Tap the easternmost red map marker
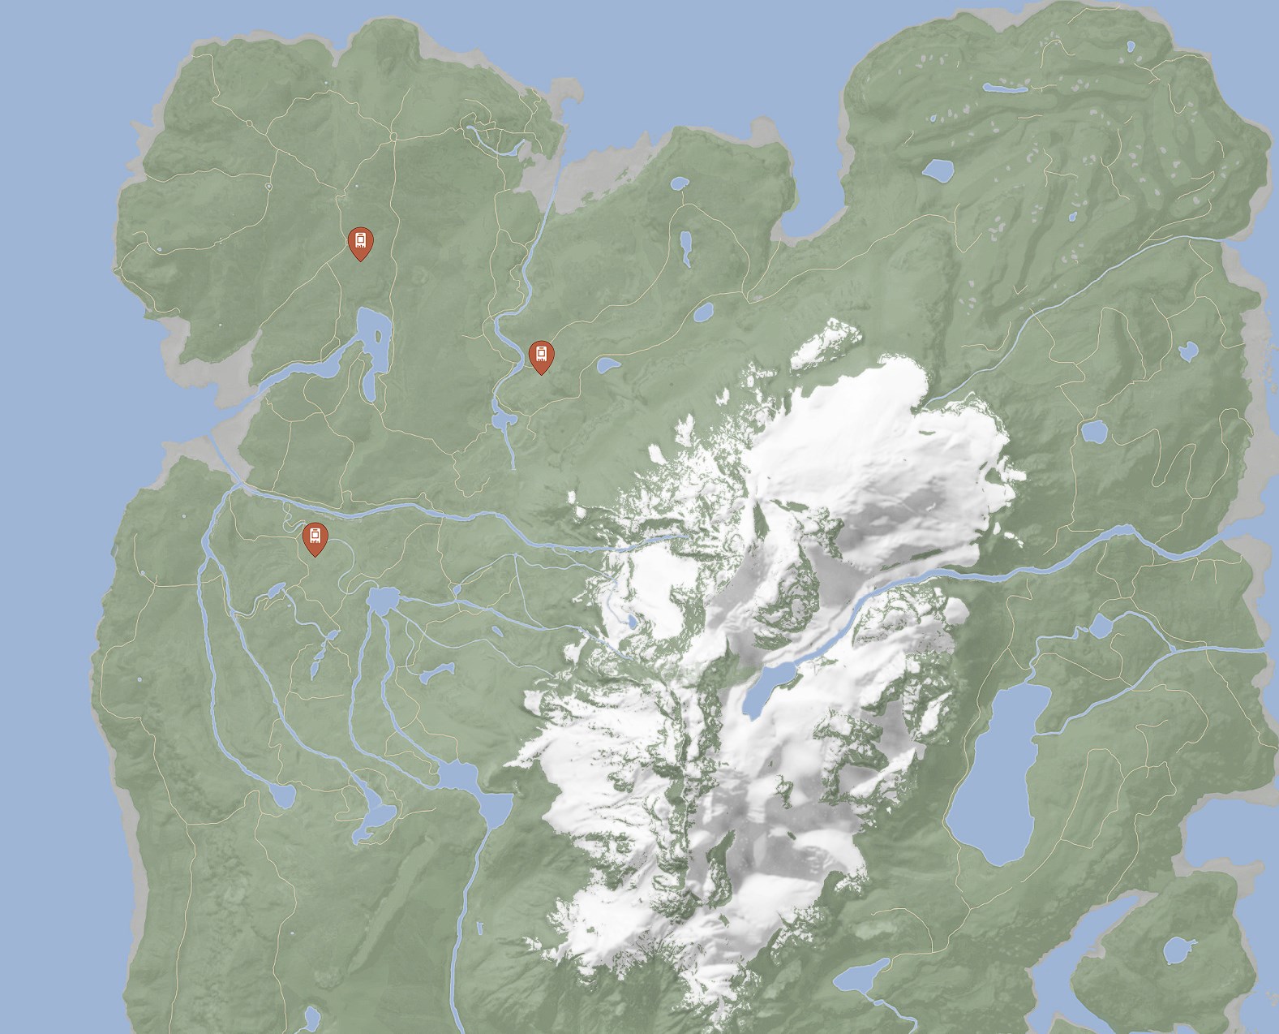(x=541, y=356)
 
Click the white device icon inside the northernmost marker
(x=360, y=239)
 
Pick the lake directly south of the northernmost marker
(x=375, y=341)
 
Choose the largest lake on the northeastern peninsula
(x=938, y=170)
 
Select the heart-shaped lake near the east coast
(x=1188, y=351)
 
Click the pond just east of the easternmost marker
(x=607, y=366)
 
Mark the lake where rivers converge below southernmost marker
(x=382, y=600)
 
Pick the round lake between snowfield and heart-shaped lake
(x=1094, y=431)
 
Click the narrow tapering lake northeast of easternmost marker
(x=686, y=248)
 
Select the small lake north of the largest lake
(x=1100, y=626)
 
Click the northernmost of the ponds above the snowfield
(x=677, y=183)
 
